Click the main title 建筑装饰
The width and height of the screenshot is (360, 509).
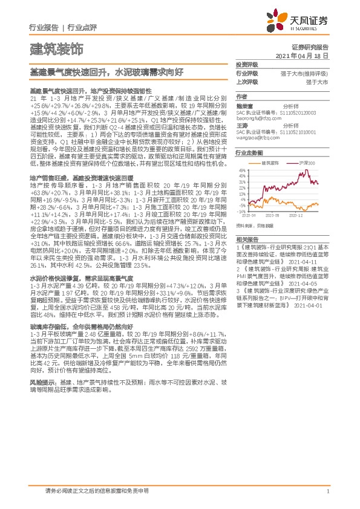[56, 47]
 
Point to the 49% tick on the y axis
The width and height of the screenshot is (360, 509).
[241, 170]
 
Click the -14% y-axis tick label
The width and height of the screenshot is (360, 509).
[241, 211]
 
